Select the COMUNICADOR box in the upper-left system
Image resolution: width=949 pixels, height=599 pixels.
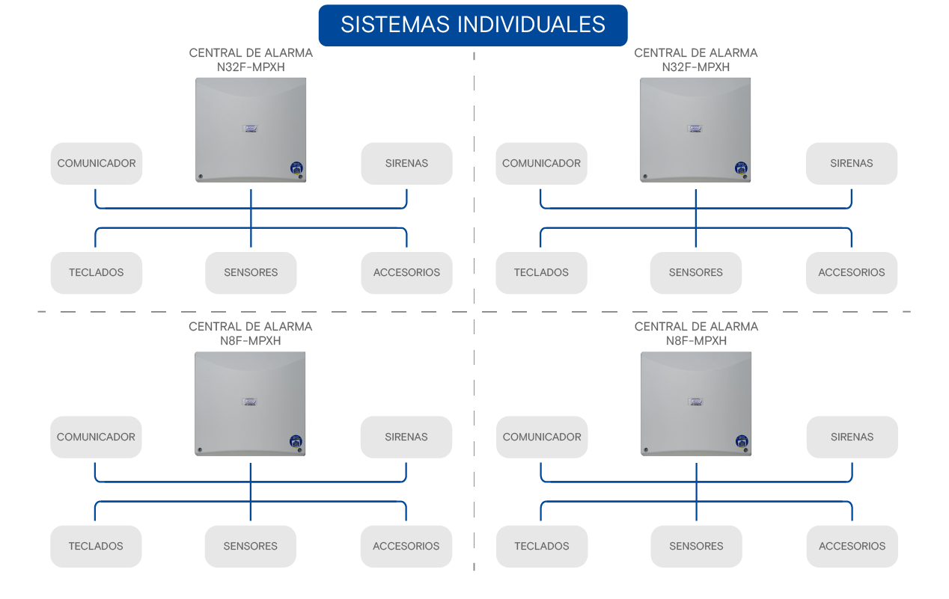pyautogui.click(x=96, y=164)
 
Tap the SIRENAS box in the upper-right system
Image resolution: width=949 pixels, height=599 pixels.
pyautogui.click(x=852, y=164)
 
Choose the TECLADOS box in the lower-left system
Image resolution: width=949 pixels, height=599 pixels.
pyautogui.click(x=96, y=546)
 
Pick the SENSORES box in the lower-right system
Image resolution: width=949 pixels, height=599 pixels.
pyautogui.click(x=696, y=546)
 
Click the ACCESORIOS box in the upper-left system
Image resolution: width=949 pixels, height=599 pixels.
pyautogui.click(x=406, y=273)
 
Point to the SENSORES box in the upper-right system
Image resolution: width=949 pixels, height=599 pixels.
pyautogui.click(x=695, y=273)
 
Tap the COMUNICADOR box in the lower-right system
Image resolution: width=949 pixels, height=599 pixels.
pyautogui.click(x=542, y=437)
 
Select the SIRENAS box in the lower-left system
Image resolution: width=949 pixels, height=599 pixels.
pyautogui.click(x=406, y=437)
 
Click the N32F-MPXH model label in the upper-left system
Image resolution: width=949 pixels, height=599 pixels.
pyautogui.click(x=251, y=67)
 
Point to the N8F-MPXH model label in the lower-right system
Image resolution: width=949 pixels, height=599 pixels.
pyautogui.click(x=696, y=341)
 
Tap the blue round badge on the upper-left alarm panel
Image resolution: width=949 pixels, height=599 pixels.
pyautogui.click(x=296, y=168)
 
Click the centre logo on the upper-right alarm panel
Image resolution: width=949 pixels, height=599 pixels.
pyautogui.click(x=695, y=129)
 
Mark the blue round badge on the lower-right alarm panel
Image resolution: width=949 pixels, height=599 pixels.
pyautogui.click(x=742, y=441)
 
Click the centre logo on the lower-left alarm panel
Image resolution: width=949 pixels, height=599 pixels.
pyautogui.click(x=250, y=402)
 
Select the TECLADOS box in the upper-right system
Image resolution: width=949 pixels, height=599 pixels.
pyautogui.click(x=541, y=273)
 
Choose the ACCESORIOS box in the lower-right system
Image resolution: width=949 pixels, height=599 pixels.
pyautogui.click(x=852, y=546)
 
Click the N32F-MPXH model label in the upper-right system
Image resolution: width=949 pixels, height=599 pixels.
pyautogui.click(x=695, y=67)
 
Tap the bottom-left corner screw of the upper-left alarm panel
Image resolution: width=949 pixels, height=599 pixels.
pyautogui.click(x=201, y=176)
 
